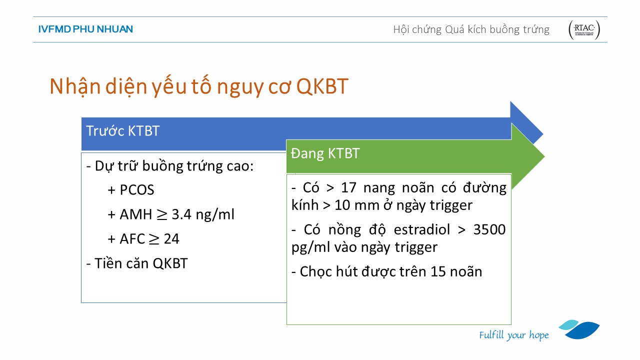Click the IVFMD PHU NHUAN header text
(x=85, y=29)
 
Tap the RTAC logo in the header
(x=584, y=29)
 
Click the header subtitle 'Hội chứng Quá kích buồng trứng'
(x=471, y=29)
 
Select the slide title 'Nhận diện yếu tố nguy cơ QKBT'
(x=199, y=86)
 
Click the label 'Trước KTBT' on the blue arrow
(x=123, y=131)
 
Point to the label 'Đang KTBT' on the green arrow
(x=325, y=153)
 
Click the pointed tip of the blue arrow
(x=543, y=134)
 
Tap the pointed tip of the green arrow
(x=544, y=156)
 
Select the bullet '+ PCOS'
(x=131, y=189)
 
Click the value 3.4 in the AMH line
(x=181, y=214)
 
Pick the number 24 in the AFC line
(x=171, y=239)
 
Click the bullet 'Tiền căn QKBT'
(x=137, y=263)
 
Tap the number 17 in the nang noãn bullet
(x=348, y=187)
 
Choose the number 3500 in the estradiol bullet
(x=489, y=229)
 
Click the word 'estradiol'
(x=421, y=229)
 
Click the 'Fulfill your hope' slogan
(x=514, y=335)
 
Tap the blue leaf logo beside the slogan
(x=579, y=329)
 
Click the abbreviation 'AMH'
(x=135, y=214)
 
